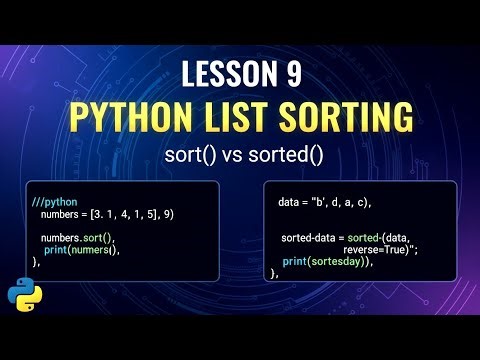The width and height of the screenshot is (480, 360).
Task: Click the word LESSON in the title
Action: coord(225,73)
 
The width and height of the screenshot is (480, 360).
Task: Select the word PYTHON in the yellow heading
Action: coord(129,118)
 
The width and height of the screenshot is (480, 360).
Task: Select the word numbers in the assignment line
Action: coord(64,215)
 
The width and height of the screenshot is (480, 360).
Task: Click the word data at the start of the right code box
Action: coord(291,202)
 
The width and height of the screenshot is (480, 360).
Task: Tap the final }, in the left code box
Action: coord(36,262)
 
